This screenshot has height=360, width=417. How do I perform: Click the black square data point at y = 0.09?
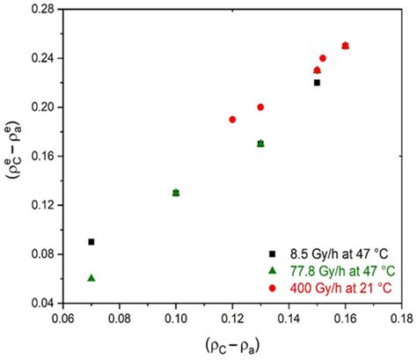(91, 241)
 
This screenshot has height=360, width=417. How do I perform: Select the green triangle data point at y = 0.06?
(91, 278)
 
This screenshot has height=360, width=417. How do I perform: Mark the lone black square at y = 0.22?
(317, 83)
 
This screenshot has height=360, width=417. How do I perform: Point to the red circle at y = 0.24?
(323, 58)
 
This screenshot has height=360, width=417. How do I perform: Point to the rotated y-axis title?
(12, 156)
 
